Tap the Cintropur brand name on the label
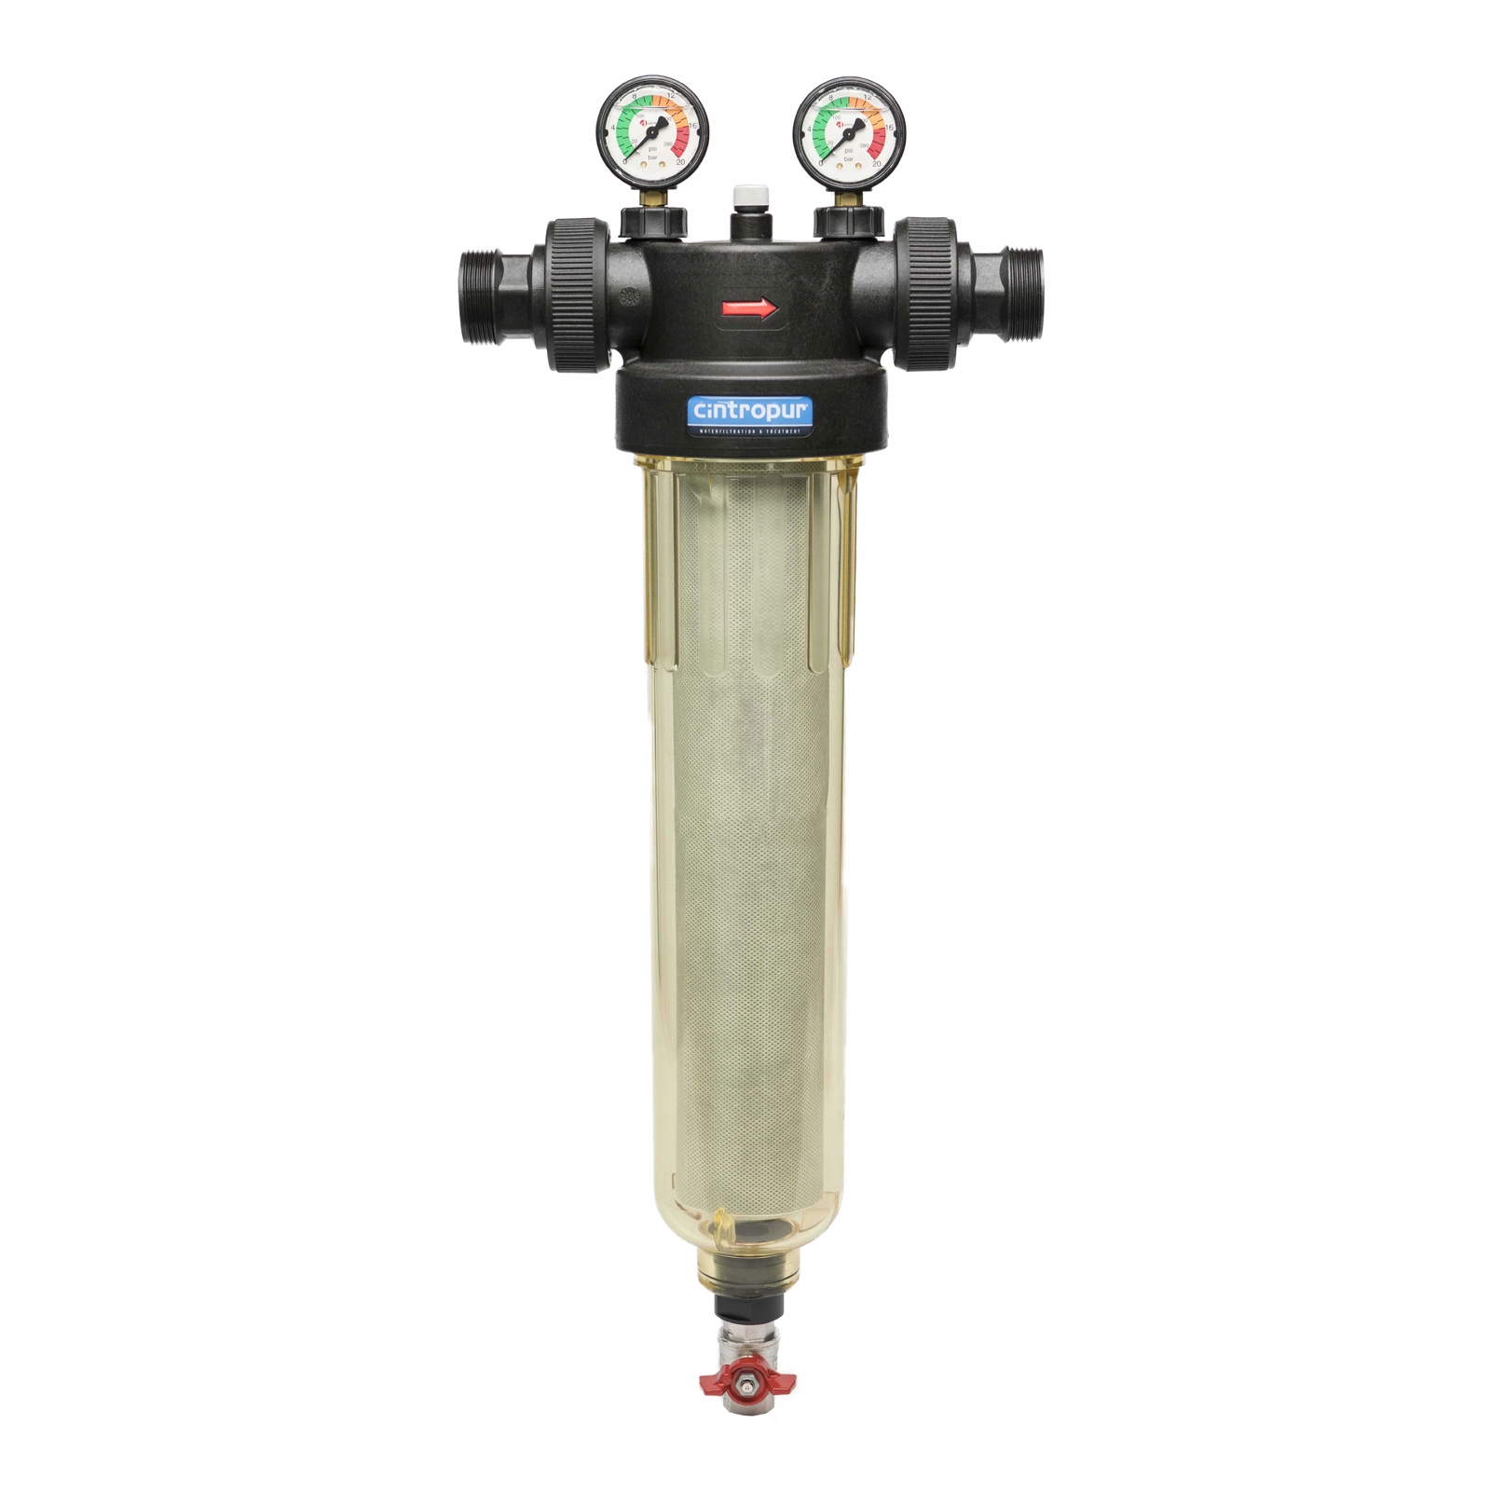(x=749, y=410)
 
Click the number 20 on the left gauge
(x=680, y=161)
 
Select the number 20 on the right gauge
(x=877, y=162)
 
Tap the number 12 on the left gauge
(x=671, y=96)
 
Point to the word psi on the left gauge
(x=652, y=148)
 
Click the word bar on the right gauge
(x=849, y=158)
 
